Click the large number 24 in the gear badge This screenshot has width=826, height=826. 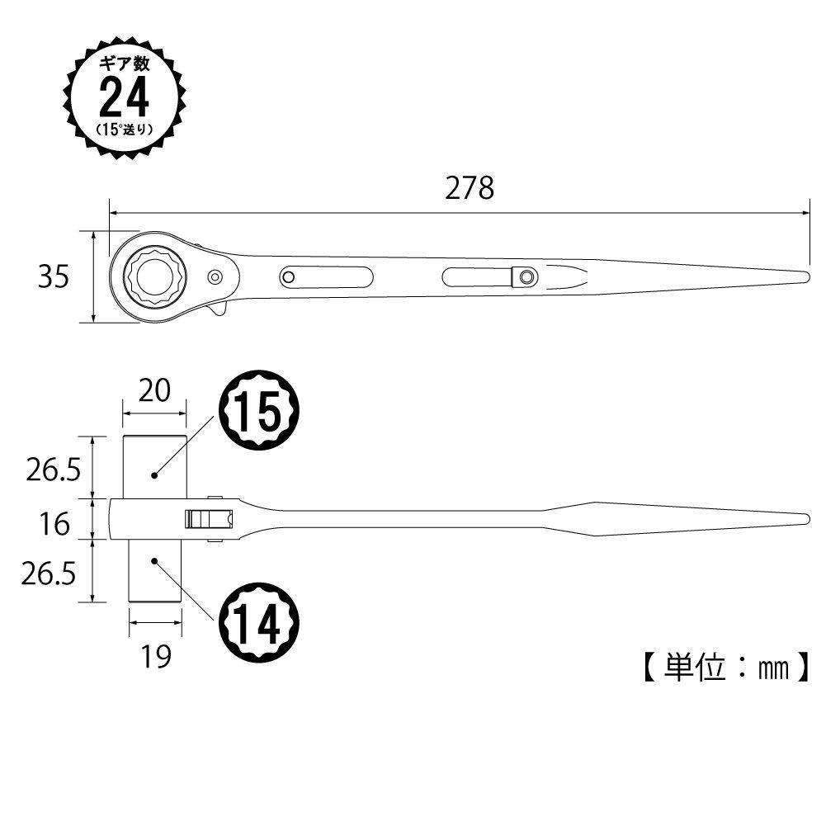pos(124,98)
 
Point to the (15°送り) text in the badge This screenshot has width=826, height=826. pos(125,129)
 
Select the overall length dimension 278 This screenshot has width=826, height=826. pos(470,189)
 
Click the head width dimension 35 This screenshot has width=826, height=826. pos(53,278)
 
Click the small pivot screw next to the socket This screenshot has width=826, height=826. pos(215,276)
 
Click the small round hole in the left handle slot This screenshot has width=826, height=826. pos(288,276)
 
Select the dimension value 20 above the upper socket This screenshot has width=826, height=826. pos(153,389)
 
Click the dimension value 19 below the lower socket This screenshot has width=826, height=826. pos(155,657)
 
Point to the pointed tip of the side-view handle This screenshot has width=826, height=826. pos(804,519)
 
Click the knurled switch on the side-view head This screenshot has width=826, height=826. pos(208,519)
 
